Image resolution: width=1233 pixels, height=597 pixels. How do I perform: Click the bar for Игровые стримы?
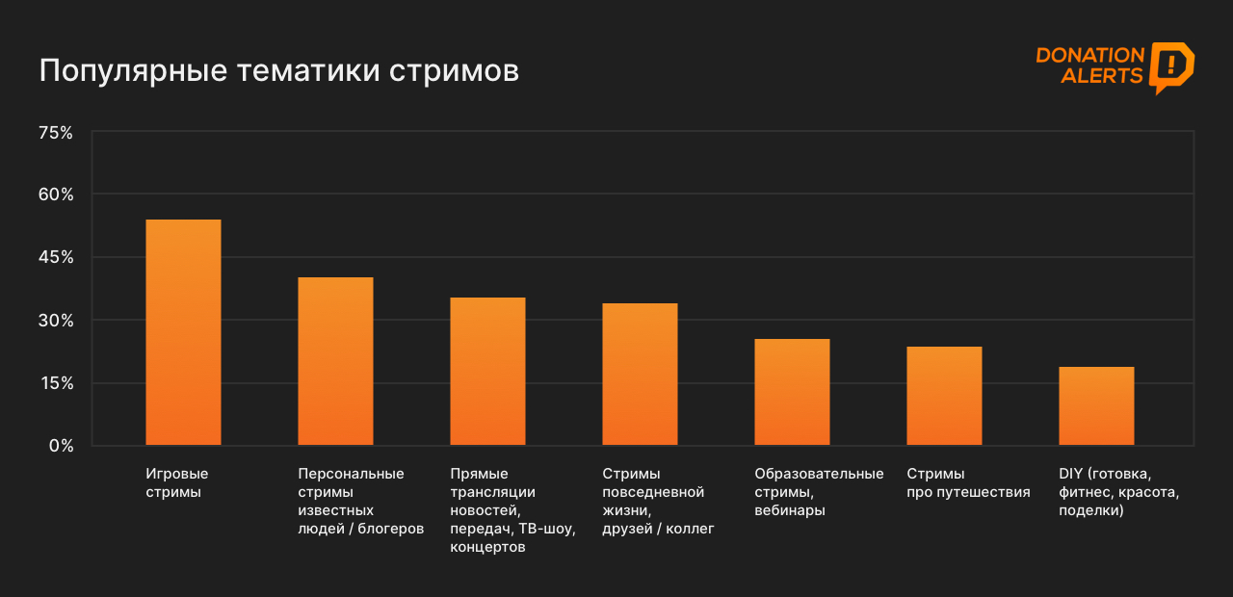click(x=183, y=332)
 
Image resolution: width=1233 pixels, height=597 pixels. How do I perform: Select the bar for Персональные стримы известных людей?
click(x=335, y=361)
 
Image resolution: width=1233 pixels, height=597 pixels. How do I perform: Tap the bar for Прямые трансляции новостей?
click(x=487, y=372)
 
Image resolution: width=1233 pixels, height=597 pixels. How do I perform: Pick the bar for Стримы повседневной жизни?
click(x=640, y=375)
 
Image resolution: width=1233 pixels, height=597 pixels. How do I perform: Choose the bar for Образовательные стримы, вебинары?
click(x=792, y=392)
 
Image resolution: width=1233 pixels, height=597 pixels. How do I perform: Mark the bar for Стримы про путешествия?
click(x=944, y=396)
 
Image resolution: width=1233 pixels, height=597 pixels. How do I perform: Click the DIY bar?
click(x=1096, y=406)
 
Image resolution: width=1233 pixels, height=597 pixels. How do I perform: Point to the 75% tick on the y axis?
click(x=55, y=133)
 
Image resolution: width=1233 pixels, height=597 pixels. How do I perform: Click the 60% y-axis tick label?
click(x=55, y=195)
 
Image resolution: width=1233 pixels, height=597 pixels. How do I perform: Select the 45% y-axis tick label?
click(x=55, y=257)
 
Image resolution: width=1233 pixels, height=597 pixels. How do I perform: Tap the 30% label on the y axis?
click(x=55, y=320)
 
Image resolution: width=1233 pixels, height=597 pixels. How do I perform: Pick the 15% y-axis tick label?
click(x=55, y=383)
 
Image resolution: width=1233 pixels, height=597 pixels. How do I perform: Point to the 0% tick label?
click(x=61, y=446)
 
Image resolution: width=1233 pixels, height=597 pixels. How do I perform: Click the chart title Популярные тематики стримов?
click(x=278, y=71)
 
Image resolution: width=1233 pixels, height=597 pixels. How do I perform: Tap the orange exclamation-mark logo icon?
click(x=1171, y=66)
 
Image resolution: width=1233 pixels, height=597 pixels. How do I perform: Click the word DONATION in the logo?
click(x=1089, y=56)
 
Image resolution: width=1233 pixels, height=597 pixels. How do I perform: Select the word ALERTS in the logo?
click(x=1102, y=76)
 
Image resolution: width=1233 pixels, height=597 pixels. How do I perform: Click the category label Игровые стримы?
click(x=177, y=482)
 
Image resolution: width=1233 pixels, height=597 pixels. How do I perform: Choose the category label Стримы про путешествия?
click(x=968, y=482)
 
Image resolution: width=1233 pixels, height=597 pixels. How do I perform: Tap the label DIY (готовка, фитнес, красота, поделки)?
click(x=1118, y=492)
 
